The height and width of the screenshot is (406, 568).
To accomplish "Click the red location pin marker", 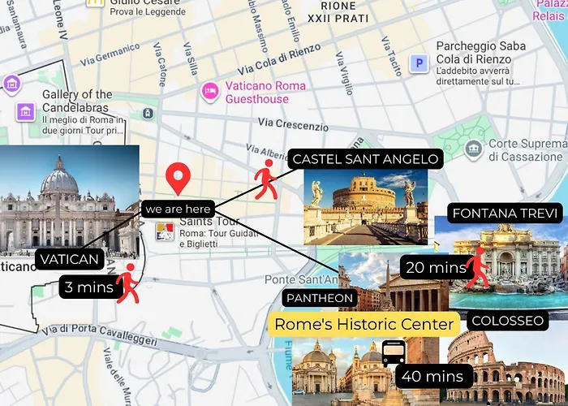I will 178,178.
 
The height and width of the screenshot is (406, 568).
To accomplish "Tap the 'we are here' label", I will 179,209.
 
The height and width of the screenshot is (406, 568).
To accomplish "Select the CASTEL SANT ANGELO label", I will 364,159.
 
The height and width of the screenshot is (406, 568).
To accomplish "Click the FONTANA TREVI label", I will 506,214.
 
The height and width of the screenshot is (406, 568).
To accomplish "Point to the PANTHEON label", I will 320,298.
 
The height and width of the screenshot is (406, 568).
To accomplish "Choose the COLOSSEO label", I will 507,321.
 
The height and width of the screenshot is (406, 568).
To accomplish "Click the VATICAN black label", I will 70,260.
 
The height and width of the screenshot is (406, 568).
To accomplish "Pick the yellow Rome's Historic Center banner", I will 364,324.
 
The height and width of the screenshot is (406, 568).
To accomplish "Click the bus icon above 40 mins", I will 394,352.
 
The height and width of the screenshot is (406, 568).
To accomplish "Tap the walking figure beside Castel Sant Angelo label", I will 266,179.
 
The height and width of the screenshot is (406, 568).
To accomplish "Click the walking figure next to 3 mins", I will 127,283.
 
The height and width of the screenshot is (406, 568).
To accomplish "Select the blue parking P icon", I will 419,63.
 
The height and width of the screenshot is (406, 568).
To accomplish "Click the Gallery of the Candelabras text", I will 77,101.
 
